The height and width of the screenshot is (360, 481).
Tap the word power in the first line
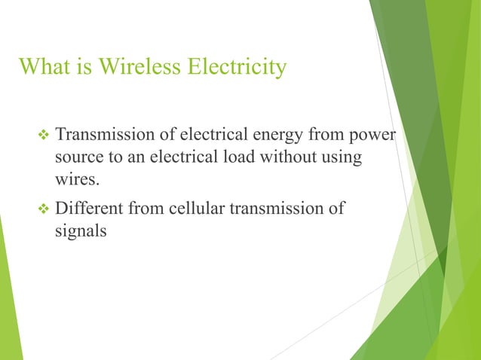coord(378,139)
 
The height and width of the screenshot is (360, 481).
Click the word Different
coord(90,208)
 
